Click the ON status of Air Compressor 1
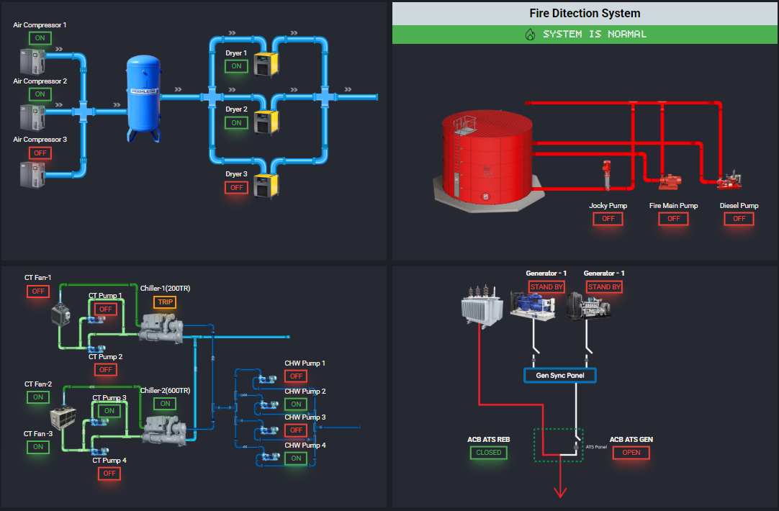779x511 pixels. pos(40,38)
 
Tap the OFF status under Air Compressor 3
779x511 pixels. pos(40,153)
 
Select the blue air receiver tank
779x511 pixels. pos(144,97)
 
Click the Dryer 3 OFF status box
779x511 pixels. pos(235,187)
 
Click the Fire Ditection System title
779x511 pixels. pos(585,13)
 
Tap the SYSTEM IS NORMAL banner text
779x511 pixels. pos(594,34)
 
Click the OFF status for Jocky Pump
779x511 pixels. pos(608,219)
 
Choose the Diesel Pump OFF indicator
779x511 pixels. pos(739,219)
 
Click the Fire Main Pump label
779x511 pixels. pos(673,206)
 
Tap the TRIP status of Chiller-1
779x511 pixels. pos(165,302)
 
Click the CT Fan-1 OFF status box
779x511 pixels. pos(38,291)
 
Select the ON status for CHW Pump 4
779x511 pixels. pos(295,458)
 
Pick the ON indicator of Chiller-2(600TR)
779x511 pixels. pos(165,404)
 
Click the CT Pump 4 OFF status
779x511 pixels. pos(109,474)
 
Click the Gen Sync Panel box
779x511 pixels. pos(560,376)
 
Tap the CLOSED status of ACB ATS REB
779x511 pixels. pos(489,453)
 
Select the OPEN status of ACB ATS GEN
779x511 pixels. pos(631,453)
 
